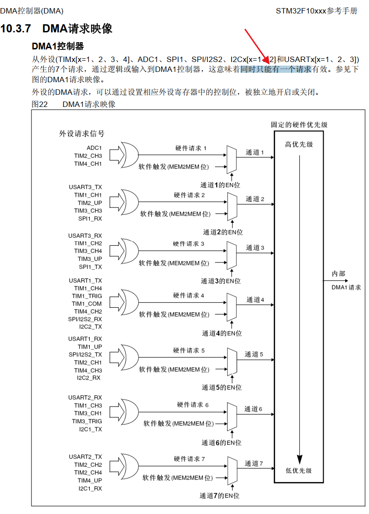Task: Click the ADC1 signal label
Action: pyautogui.click(x=94, y=148)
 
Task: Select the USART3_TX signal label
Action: pyautogui.click(x=85, y=187)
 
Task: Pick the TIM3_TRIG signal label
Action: pyautogui.click(x=87, y=421)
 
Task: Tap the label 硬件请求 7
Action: pyautogui.click(x=189, y=459)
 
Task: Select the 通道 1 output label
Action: pyautogui.click(x=255, y=152)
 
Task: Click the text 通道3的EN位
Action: pyautogui.click(x=220, y=281)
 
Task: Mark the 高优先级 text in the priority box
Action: pyautogui.click(x=299, y=144)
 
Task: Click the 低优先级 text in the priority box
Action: pyautogui.click(x=299, y=470)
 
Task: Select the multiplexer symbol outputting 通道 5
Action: pyautogui.click(x=232, y=361)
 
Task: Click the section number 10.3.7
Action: pyautogui.click(x=16, y=29)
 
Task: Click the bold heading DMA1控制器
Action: pyautogui.click(x=57, y=46)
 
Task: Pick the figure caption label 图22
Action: pyautogui.click(x=40, y=104)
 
